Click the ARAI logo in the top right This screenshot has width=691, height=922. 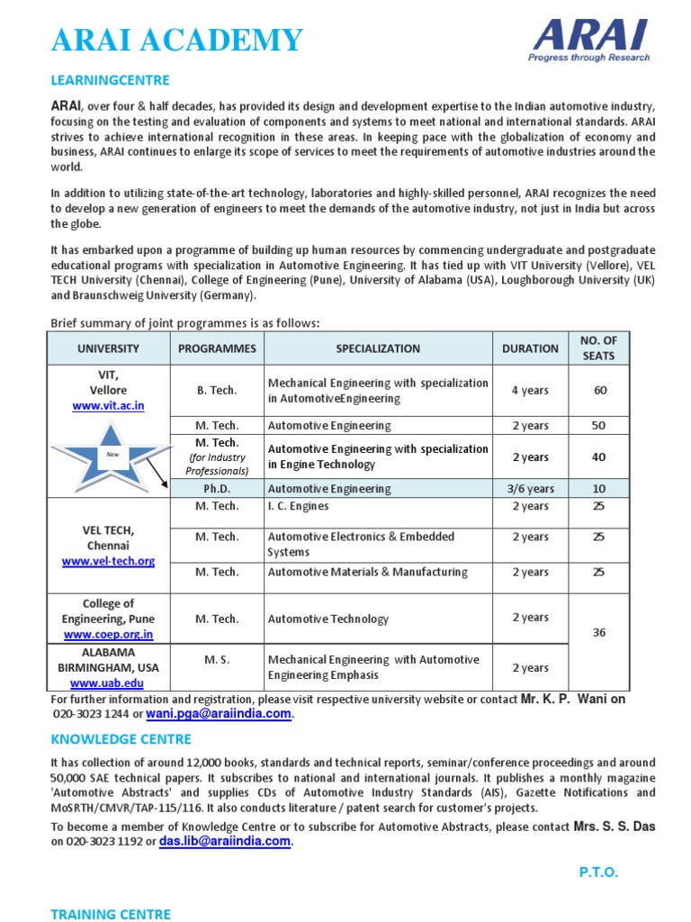(590, 41)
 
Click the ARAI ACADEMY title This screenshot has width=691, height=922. (177, 41)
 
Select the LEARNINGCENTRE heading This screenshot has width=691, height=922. (110, 80)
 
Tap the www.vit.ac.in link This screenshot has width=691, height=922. (108, 406)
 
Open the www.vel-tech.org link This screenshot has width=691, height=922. (108, 561)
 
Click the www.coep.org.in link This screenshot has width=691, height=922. (108, 634)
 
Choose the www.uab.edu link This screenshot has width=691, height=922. (108, 683)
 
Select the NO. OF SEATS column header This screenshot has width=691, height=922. (598, 348)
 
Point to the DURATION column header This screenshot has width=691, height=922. (530, 348)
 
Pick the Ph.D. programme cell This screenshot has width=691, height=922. (217, 489)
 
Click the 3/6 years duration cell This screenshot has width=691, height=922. (530, 489)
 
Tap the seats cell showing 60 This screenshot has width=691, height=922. (598, 390)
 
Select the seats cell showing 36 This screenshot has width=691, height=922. (598, 633)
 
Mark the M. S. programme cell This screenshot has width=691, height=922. (217, 660)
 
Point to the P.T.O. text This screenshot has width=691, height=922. (597, 872)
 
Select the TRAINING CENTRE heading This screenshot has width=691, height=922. (110, 914)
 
